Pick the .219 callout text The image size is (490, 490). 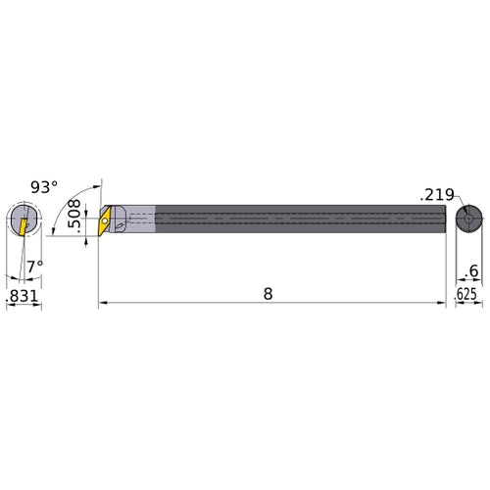436,195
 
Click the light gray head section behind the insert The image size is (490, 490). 138,220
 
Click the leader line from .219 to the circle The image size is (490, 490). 457,203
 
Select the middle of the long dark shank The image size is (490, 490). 294,220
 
